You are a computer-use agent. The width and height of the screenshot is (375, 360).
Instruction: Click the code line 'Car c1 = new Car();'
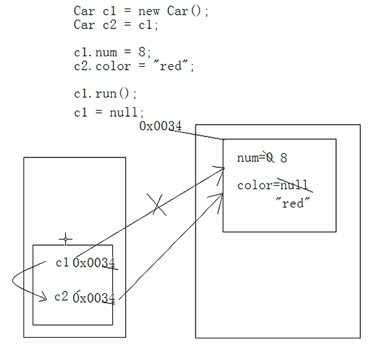coord(141,11)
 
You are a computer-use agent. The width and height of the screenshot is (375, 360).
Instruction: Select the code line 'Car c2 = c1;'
coord(116,25)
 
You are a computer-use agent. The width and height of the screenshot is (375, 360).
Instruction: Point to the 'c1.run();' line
coord(105,94)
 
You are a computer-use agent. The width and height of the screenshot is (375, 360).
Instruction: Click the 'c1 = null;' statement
coord(109,112)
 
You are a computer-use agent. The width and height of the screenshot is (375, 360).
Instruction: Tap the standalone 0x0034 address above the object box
coord(160,127)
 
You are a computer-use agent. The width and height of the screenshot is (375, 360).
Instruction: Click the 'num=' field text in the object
coord(250,158)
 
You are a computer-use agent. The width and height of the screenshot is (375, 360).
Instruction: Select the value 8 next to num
coord(283,158)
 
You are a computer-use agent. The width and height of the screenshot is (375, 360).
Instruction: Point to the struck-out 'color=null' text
coord(271,185)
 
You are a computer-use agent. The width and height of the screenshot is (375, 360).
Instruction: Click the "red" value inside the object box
coord(292,203)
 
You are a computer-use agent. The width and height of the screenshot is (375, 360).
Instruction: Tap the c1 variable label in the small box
coord(62,262)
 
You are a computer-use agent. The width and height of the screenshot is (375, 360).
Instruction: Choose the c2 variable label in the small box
coord(61,296)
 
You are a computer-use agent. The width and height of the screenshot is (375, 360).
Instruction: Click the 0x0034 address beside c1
coord(94,263)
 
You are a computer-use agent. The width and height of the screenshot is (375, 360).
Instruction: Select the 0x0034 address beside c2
coord(94,298)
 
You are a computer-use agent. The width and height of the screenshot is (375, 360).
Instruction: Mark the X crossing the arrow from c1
coord(157,204)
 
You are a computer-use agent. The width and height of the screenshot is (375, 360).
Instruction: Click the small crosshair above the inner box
coord(65,238)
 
